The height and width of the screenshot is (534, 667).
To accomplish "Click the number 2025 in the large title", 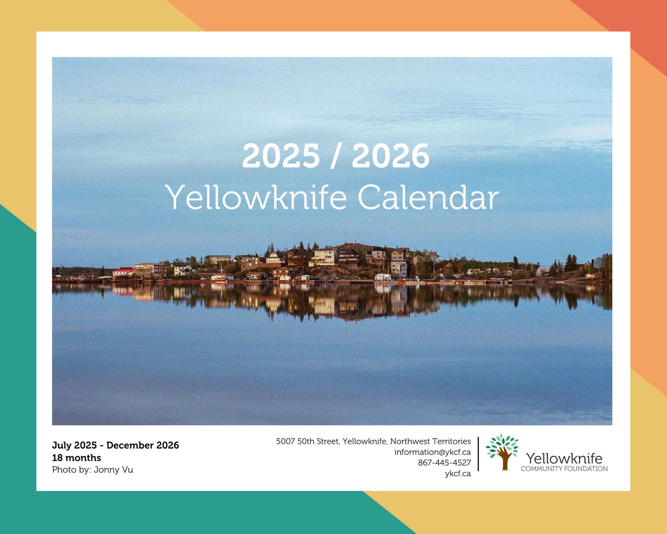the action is coord(281,156).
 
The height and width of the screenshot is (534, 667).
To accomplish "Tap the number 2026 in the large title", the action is coord(391,156).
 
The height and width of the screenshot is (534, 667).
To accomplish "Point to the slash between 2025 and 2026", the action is coord(336,156).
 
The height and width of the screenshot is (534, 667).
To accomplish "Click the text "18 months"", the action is coord(76,458).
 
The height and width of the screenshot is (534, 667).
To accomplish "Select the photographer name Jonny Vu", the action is coord(113,470).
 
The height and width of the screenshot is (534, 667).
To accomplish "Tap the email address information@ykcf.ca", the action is coord(433,452).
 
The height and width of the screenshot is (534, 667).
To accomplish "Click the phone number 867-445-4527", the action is coord(445,463).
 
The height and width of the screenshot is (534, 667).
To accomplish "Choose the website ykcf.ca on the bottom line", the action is coord(458,474).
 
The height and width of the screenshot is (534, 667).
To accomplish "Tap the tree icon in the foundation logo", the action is coord(502,452).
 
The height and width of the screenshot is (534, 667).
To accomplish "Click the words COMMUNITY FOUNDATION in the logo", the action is coord(564,469).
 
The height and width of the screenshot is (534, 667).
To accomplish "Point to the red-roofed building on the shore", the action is coord(122,273).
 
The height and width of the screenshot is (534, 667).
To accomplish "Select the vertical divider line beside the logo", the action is coord(479,454).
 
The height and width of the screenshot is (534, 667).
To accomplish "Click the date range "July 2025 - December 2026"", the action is coord(115,445).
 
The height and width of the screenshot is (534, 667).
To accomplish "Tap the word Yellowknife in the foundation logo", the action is coord(564,458).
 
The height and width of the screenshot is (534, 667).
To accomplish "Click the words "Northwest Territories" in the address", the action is coord(431,442).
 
